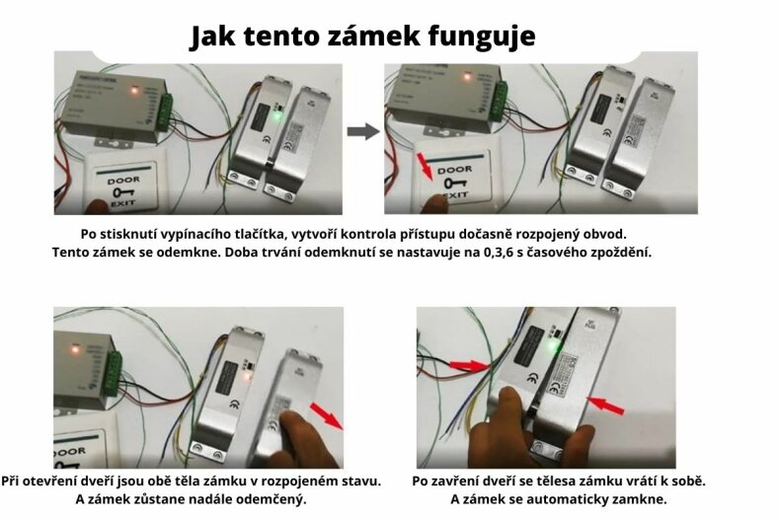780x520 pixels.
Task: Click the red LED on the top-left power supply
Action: tap(134, 92)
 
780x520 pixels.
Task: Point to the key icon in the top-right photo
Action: tap(454, 183)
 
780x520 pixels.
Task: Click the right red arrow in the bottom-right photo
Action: tap(609, 405)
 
